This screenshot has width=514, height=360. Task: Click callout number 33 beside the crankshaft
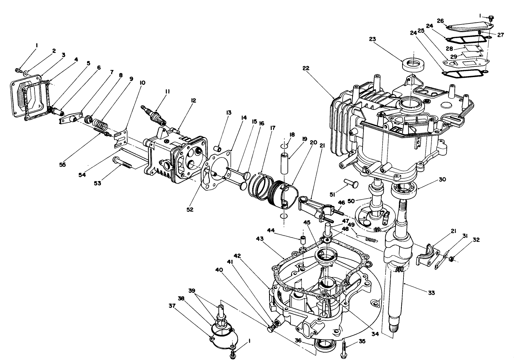click(431, 293)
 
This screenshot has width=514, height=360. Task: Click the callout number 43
click(260, 238)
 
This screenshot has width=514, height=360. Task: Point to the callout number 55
click(63, 164)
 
